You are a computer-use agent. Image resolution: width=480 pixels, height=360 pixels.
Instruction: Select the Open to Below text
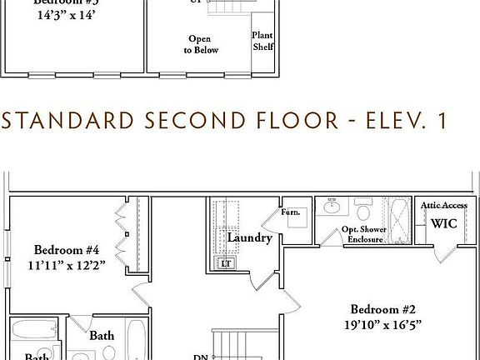[x=201, y=44]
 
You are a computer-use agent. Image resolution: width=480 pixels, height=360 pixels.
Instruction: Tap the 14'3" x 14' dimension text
[x=67, y=15]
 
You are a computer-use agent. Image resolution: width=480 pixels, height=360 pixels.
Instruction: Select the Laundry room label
[x=249, y=238]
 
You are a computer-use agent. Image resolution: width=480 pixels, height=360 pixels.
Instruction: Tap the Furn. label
[x=291, y=212]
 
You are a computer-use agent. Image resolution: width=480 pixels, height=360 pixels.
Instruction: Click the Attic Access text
[x=444, y=205]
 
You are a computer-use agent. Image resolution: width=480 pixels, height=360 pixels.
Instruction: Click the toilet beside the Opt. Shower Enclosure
[x=363, y=207]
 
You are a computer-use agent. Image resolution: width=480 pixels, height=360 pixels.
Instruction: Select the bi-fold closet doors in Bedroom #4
[x=122, y=233]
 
